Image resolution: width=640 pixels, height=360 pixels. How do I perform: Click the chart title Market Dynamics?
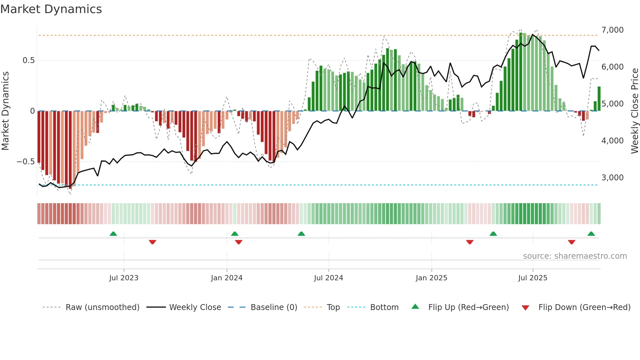pyautogui.click(x=51, y=9)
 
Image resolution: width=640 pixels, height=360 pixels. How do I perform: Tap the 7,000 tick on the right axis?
pyautogui.click(x=612, y=30)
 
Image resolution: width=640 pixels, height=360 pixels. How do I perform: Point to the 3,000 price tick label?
pyautogui.click(x=612, y=178)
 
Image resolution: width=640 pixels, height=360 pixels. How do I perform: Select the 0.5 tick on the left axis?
pyautogui.click(x=28, y=60)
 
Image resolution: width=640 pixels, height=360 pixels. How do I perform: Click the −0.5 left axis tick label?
pyautogui.click(x=26, y=162)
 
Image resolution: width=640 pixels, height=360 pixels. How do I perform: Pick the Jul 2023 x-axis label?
pyautogui.click(x=124, y=278)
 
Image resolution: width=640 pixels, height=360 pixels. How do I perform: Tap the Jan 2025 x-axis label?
pyautogui.click(x=431, y=278)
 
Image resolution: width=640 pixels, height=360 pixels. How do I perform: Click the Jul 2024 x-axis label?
pyautogui.click(x=328, y=278)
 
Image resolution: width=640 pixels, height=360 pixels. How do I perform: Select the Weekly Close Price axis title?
pyautogui.click(x=634, y=111)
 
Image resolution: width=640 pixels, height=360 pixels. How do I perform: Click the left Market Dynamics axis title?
pyautogui.click(x=5, y=111)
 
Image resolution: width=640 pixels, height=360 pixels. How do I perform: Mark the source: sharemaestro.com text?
pyautogui.click(x=575, y=256)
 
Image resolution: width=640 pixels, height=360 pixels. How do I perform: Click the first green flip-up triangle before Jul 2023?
pyautogui.click(x=113, y=234)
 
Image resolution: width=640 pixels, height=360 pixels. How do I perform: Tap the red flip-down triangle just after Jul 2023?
pyautogui.click(x=152, y=242)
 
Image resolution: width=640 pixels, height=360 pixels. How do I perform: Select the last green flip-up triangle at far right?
pyautogui.click(x=591, y=234)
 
